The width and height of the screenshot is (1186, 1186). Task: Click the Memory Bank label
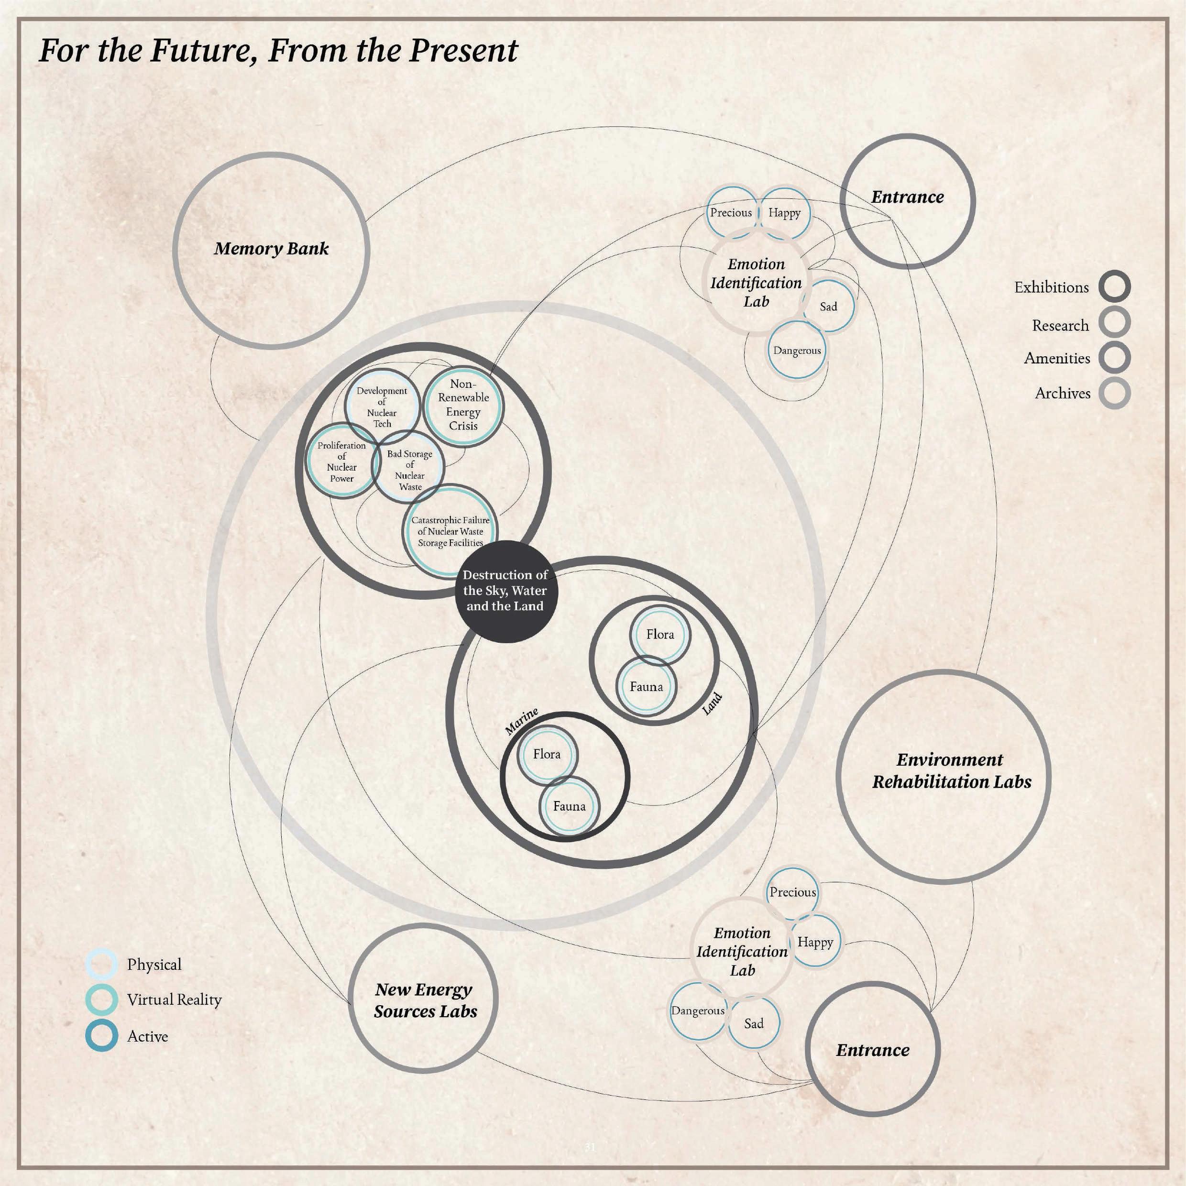(271, 249)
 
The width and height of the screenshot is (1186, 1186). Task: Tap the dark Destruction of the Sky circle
(505, 591)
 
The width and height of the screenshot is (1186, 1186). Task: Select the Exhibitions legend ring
(1114, 286)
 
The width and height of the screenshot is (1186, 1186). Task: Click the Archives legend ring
(1114, 393)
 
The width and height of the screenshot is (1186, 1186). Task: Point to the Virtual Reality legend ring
(101, 1000)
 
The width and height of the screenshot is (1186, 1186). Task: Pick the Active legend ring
(101, 1036)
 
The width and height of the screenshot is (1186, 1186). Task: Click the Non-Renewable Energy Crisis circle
(463, 405)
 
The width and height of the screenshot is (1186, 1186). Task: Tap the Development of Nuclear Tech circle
(382, 407)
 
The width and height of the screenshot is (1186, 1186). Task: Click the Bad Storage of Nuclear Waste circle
(409, 470)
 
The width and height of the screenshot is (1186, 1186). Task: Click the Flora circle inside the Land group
(660, 634)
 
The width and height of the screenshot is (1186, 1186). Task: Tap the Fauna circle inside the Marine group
(569, 806)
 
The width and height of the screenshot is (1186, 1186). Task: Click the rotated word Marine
(521, 721)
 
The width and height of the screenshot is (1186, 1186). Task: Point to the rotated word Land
(712, 704)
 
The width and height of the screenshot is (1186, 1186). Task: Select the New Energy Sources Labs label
(425, 1000)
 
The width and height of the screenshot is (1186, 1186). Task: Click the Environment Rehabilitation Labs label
(951, 770)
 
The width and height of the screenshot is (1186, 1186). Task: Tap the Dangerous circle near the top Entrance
(797, 351)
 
